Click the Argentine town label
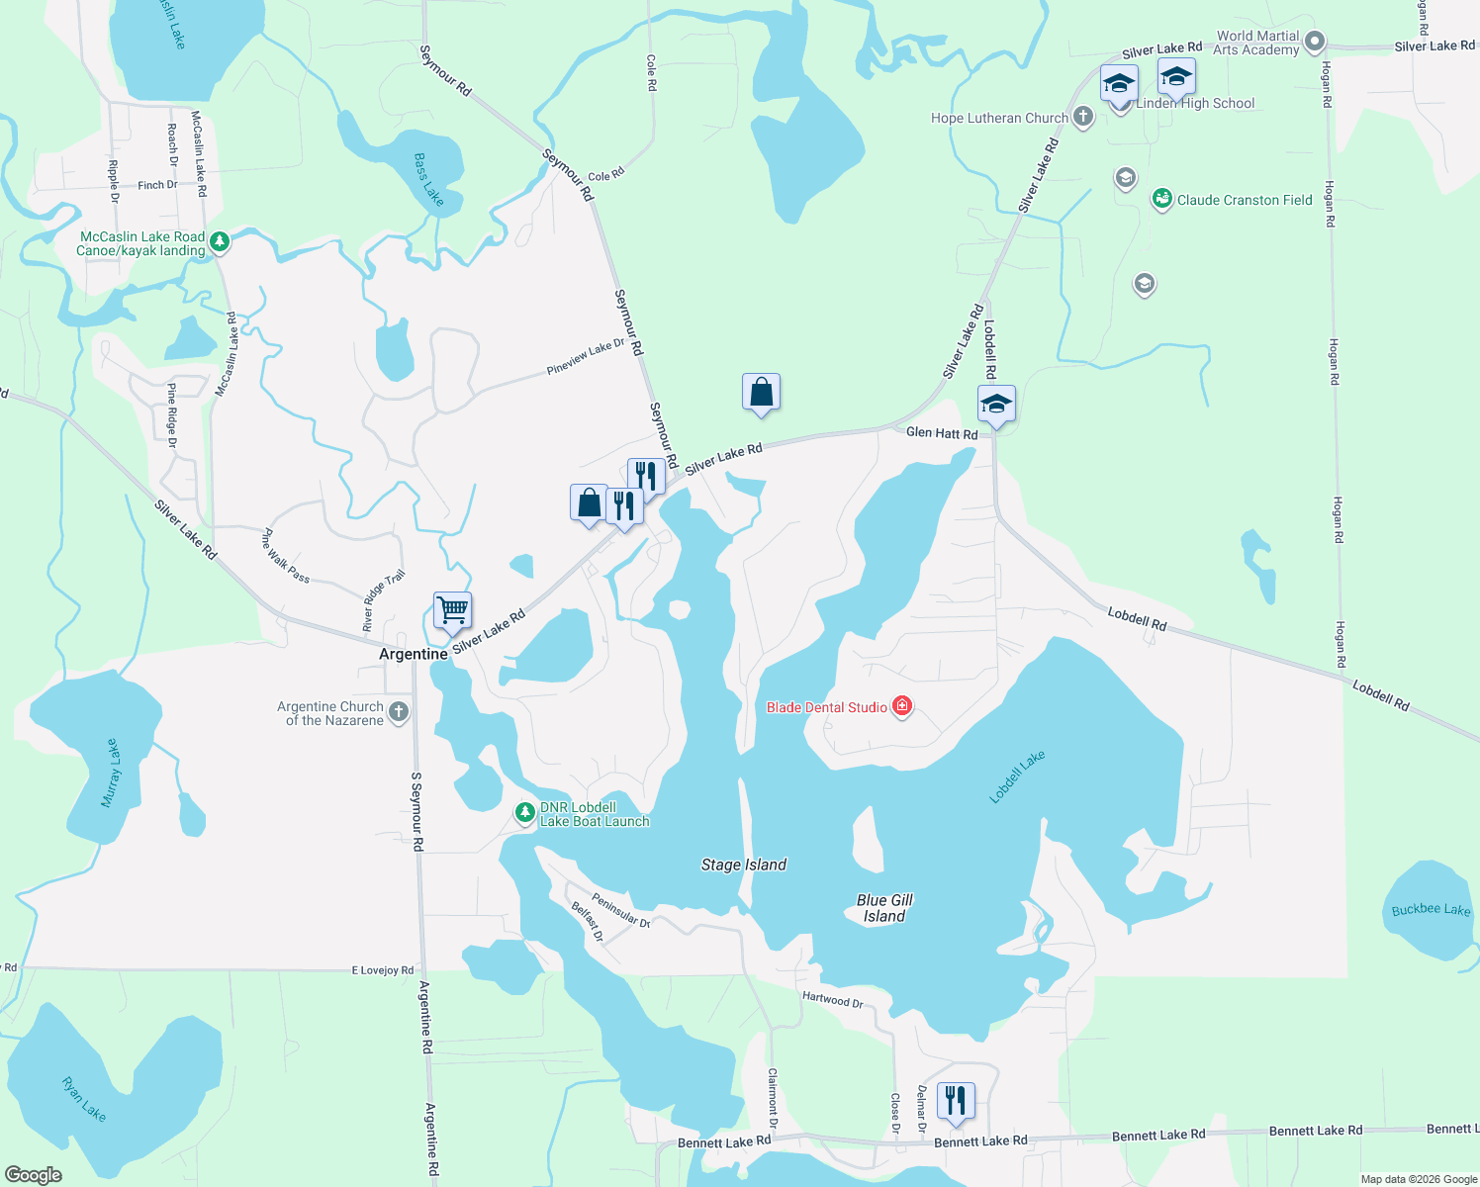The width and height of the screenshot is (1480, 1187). tap(414, 655)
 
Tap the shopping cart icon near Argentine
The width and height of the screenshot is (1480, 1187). tap(452, 610)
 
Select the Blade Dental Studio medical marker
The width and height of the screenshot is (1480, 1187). tap(901, 706)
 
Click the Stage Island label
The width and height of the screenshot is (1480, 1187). tap(744, 865)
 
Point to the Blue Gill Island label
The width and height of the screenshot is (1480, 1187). tap(884, 908)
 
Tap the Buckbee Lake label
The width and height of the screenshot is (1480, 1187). tap(1431, 909)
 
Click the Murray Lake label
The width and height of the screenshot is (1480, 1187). tap(110, 773)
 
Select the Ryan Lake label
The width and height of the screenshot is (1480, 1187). tap(84, 1098)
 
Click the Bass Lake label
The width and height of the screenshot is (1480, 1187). tap(428, 179)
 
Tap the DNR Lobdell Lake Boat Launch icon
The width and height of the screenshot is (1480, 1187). tap(524, 813)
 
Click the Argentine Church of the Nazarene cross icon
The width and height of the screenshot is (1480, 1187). tap(398, 712)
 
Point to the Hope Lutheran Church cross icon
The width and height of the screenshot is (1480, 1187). tap(1083, 118)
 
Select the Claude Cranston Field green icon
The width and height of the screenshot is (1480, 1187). tap(1162, 200)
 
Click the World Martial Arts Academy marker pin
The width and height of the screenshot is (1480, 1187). tap(1314, 42)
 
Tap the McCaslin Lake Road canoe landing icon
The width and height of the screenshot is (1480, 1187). tap(220, 242)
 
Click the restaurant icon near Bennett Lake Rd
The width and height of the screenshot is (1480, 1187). tap(956, 1099)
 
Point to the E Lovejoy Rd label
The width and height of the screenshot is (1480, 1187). tap(383, 970)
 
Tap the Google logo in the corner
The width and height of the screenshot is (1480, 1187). tap(34, 1174)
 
